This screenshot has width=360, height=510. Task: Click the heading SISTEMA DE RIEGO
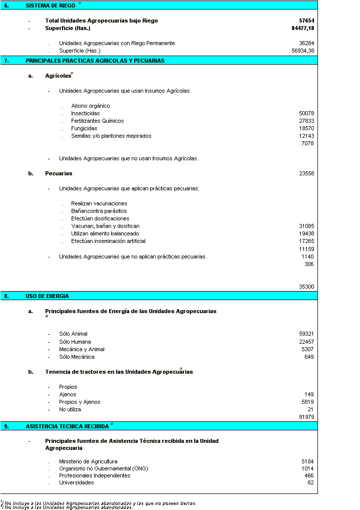pyautogui.click(x=50, y=5)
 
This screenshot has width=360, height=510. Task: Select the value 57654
pyautogui.click(x=306, y=21)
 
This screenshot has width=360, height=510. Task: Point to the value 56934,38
pyautogui.click(x=303, y=51)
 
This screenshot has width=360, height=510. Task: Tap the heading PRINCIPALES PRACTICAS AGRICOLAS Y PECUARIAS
pyautogui.click(x=95, y=61)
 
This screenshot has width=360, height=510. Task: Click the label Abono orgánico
pyautogui.click(x=91, y=106)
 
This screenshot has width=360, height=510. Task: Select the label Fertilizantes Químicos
pyautogui.click(x=97, y=121)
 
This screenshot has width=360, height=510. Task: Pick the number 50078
pyautogui.click(x=306, y=113)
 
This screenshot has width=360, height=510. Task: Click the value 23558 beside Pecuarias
pyautogui.click(x=306, y=173)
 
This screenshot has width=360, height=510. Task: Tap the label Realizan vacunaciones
pyautogui.click(x=99, y=203)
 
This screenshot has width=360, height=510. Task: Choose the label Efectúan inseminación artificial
pyautogui.click(x=108, y=241)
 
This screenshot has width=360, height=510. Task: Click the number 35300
pyautogui.click(x=306, y=287)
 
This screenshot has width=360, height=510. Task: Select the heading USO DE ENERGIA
pyautogui.click(x=47, y=296)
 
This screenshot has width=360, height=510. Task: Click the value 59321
pyautogui.click(x=306, y=334)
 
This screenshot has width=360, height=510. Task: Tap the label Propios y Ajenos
pyautogui.click(x=80, y=402)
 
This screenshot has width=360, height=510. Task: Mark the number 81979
pyautogui.click(x=306, y=417)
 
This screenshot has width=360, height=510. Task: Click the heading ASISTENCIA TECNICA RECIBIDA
pyautogui.click(x=67, y=426)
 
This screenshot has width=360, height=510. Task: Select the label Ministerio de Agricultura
pyautogui.click(x=88, y=461)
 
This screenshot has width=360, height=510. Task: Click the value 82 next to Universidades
pyautogui.click(x=310, y=482)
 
